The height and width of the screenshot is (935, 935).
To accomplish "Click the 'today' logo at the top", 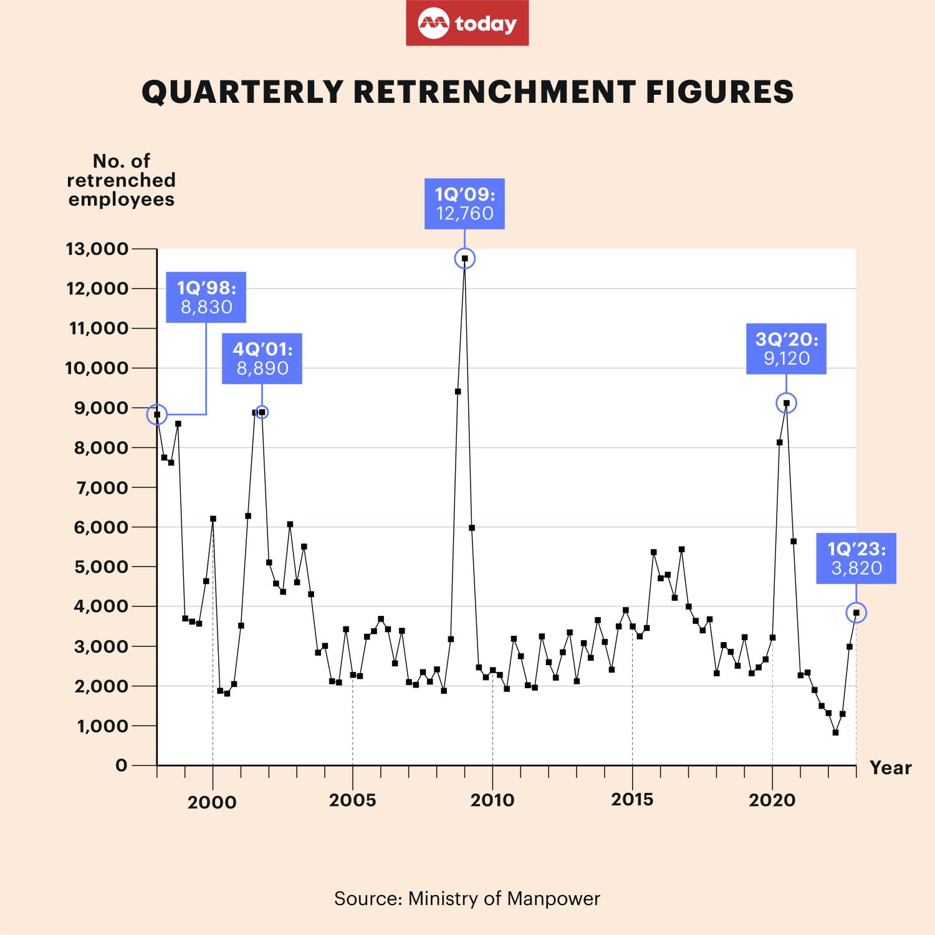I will click(x=467, y=23).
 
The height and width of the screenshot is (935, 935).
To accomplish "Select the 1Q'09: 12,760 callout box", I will click(x=464, y=203).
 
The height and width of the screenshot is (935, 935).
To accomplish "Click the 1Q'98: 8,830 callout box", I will click(x=206, y=297).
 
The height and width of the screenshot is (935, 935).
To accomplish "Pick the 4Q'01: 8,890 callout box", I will click(x=262, y=358).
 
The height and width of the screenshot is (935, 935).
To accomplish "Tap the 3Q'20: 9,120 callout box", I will click(x=786, y=348).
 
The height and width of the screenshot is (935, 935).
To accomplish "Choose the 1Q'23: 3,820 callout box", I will click(x=856, y=559).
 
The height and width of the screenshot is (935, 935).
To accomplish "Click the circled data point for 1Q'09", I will click(x=464, y=258).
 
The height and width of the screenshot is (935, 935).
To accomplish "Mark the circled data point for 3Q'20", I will click(x=786, y=403).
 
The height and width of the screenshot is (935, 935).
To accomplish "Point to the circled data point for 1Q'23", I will click(x=856, y=613).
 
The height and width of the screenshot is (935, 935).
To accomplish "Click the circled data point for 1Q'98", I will click(x=157, y=415).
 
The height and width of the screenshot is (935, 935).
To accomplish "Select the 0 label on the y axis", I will click(x=121, y=765).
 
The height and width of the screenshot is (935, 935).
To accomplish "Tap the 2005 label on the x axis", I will click(x=353, y=800).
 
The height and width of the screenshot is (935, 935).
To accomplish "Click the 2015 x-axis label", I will click(x=632, y=800).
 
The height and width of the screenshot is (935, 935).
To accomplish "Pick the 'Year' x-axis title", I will click(x=890, y=768).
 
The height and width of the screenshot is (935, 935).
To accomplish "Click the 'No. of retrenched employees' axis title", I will click(x=122, y=180).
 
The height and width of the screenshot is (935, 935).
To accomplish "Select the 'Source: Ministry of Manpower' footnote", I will click(x=467, y=898).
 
